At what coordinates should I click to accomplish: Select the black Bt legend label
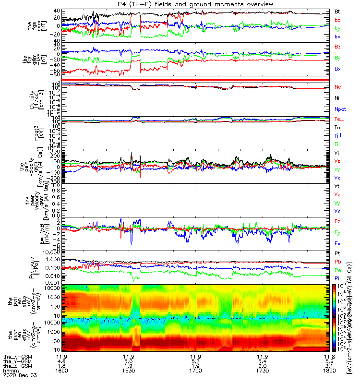337,11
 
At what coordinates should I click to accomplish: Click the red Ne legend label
337,87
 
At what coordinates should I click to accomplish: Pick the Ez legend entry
337,222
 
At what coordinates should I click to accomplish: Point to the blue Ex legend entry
337,244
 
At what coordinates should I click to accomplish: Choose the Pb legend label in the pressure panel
337,262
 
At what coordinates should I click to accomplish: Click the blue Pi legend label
337,278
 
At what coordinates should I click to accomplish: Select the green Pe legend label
337,270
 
